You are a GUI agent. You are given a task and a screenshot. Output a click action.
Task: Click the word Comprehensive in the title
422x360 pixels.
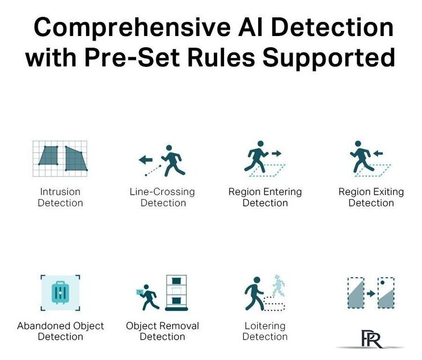click(x=132, y=28)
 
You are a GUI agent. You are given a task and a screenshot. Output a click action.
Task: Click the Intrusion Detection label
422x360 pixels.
click(x=60, y=197)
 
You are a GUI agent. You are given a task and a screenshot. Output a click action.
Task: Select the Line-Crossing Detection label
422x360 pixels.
click(x=162, y=197)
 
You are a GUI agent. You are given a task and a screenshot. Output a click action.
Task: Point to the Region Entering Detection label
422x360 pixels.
click(x=265, y=197)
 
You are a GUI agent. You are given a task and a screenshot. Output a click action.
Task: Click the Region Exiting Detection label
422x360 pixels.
click(x=371, y=197)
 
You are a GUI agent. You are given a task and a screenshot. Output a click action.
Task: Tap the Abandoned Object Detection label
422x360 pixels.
click(x=60, y=331)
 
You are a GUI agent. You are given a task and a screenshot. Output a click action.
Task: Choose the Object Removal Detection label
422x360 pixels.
click(x=162, y=331)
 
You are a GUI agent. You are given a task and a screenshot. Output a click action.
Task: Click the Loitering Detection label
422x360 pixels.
click(x=265, y=331)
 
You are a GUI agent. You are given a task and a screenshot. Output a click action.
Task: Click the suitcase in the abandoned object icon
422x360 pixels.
click(x=60, y=292)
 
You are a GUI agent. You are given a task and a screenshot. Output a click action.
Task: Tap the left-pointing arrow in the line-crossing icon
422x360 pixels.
click(x=146, y=160)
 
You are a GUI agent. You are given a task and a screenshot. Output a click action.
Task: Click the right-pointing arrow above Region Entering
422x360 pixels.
click(x=276, y=154)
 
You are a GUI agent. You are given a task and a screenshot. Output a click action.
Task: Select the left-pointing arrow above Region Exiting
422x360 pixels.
click(x=378, y=154)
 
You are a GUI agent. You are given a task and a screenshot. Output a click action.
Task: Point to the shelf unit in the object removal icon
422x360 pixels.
click(x=177, y=292)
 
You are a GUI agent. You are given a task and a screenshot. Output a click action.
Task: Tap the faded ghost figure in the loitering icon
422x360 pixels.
click(x=279, y=286)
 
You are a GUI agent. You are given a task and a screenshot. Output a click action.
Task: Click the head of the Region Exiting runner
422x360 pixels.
click(x=358, y=143)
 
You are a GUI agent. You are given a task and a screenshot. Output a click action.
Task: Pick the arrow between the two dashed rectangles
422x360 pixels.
click(x=371, y=293)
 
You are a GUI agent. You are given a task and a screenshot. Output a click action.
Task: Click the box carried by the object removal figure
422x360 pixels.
click(x=140, y=292)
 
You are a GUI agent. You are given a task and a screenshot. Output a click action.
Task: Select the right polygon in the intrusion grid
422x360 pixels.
click(x=75, y=159)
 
